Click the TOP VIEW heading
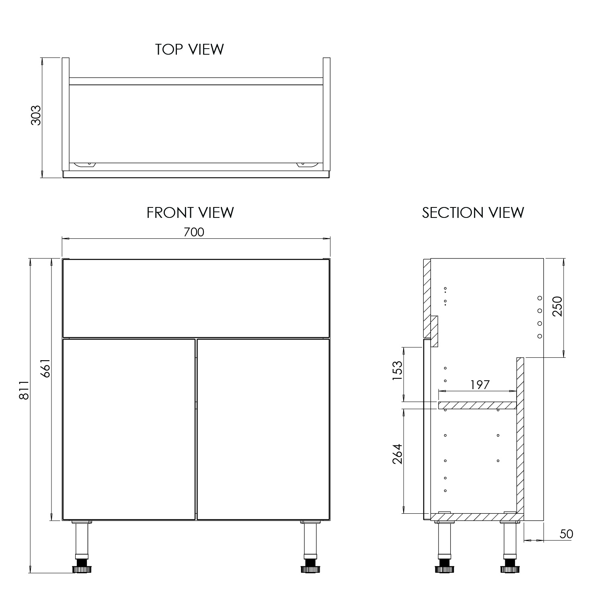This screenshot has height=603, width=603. pos(189,49)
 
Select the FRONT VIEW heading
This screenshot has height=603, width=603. pos(190,212)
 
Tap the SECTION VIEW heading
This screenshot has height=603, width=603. pos(473,212)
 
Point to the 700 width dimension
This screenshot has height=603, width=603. pos(194,232)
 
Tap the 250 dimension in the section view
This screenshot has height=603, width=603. pos(557,306)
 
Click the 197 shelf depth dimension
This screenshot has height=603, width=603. pos(480,385)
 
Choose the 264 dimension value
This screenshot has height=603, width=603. pos(397,453)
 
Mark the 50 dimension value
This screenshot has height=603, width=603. pos(566,534)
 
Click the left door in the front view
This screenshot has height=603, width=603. pos(129,429)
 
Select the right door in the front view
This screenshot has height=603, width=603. pos(263,429)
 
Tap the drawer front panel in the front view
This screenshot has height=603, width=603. pos(196,298)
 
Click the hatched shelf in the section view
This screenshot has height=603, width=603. pos(477,405)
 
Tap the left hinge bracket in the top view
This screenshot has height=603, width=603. pos(85,164)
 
